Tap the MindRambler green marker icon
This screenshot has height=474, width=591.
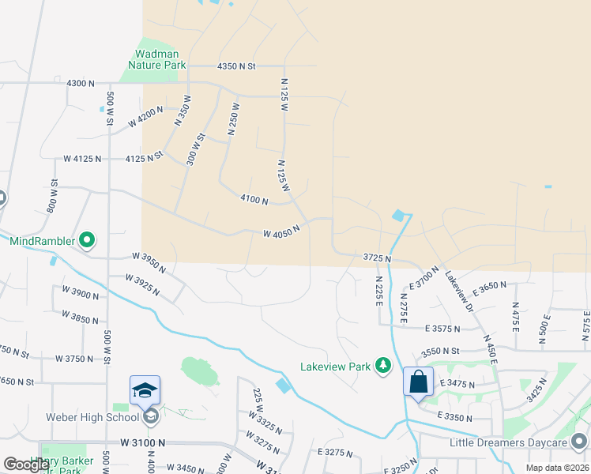(x=87, y=239)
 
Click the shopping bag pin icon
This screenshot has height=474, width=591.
(x=418, y=383)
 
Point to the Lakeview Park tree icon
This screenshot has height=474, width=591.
(x=383, y=366)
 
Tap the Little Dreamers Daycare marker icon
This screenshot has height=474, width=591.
(x=580, y=441)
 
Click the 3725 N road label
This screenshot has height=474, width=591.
(x=378, y=258)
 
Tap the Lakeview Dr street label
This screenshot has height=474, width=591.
(x=457, y=290)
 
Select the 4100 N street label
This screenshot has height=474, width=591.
(x=254, y=201)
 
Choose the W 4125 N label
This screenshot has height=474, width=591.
(x=83, y=159)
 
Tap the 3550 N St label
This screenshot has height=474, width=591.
(x=440, y=351)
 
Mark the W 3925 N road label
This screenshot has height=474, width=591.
(x=142, y=284)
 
